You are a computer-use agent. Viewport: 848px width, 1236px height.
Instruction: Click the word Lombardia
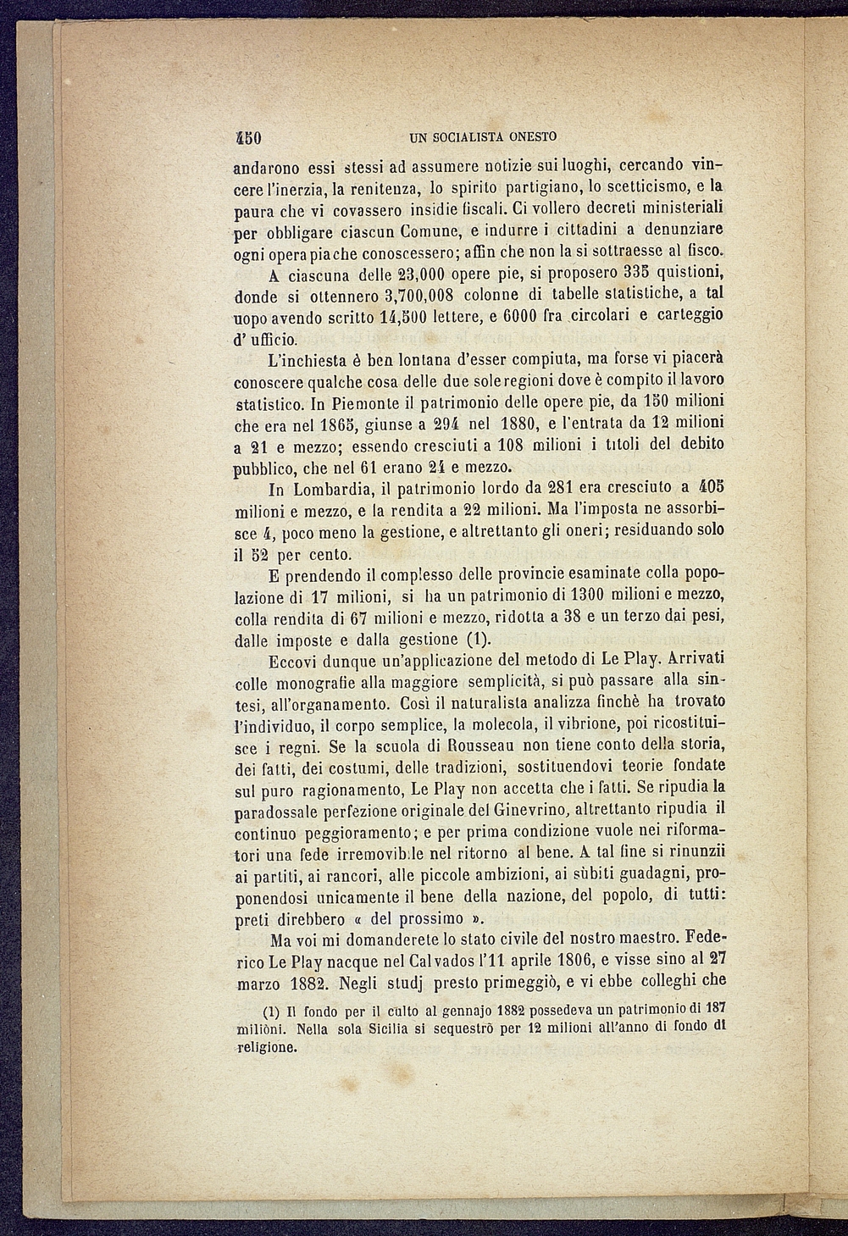click(x=335, y=489)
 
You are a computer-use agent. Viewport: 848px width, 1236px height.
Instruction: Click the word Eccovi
click(x=294, y=660)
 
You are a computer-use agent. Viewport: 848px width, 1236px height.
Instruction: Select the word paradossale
click(x=276, y=812)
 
